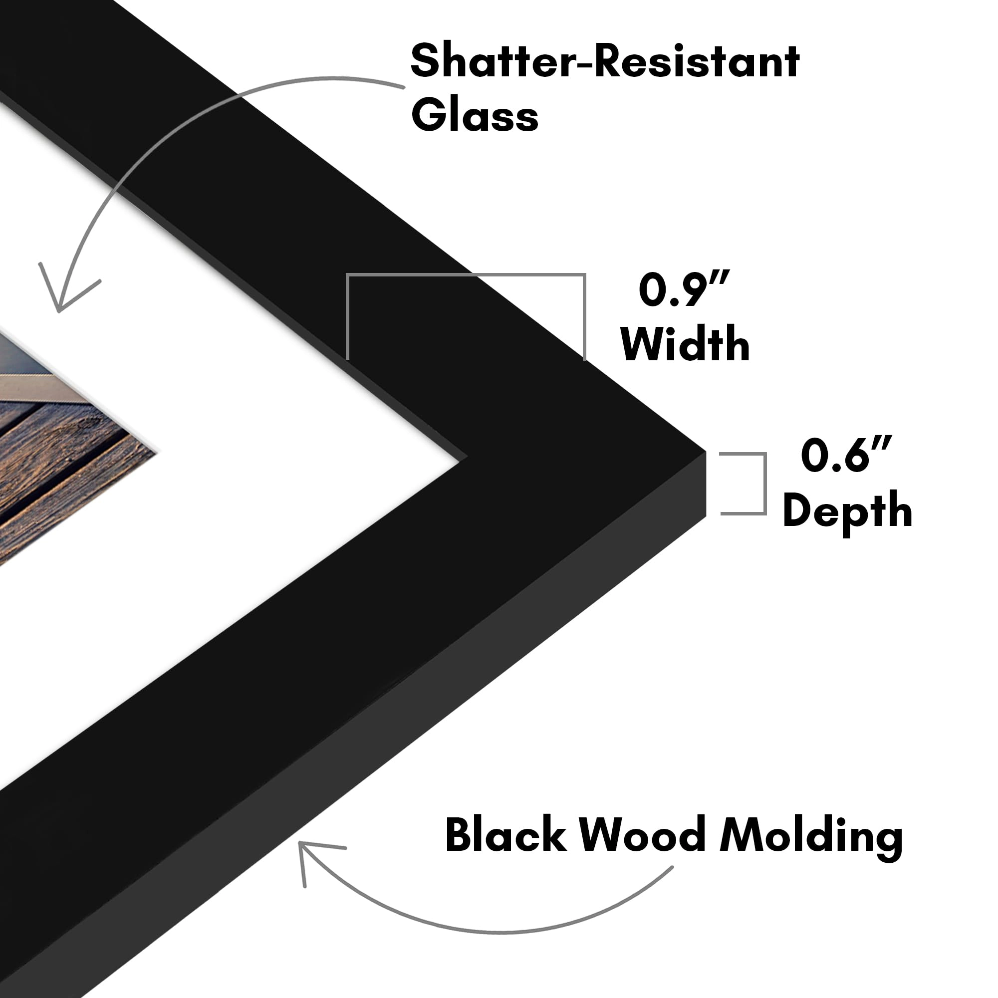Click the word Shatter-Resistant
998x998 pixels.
pyautogui.click(x=605, y=62)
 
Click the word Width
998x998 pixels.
pyautogui.click(x=685, y=344)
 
